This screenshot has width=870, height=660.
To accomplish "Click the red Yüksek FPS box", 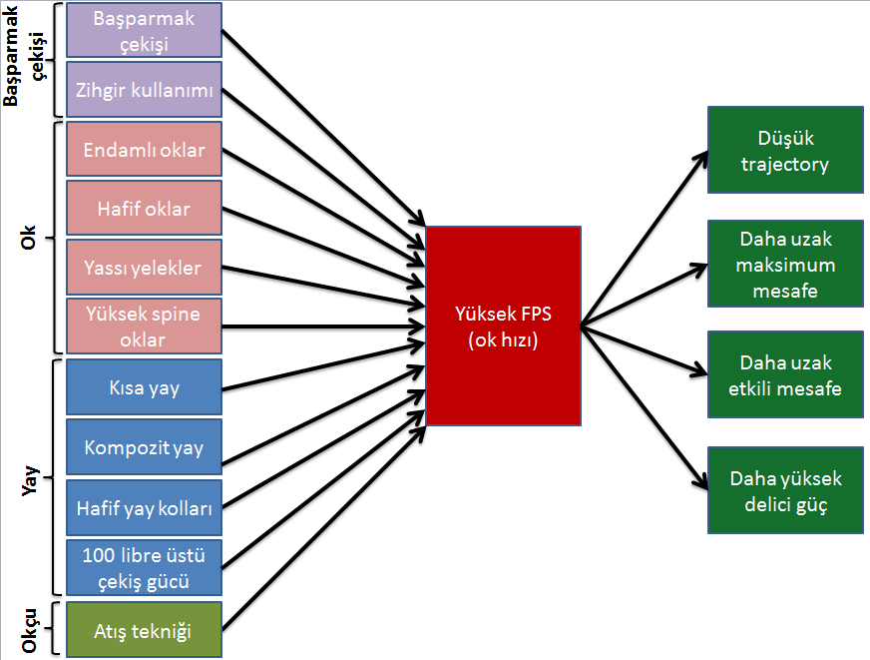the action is point(503,326).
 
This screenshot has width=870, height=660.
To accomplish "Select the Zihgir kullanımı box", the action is point(145,90).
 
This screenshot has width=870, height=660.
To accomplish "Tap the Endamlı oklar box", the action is point(145,150).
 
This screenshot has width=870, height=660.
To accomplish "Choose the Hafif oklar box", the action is point(145,208).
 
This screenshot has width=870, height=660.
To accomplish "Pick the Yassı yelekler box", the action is point(145,267).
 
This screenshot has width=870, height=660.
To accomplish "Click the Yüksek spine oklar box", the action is point(145,327).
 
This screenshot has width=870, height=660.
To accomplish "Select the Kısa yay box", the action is point(145,386).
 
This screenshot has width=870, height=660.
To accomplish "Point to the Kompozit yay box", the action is point(145,447).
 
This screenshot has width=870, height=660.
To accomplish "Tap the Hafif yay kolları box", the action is point(145,507).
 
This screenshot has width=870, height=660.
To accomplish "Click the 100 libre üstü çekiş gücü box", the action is point(145,567).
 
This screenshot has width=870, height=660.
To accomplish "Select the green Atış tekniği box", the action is point(145,629).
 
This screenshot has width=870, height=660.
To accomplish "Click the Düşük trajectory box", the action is point(785,150).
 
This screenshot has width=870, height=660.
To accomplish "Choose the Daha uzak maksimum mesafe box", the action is point(785,264).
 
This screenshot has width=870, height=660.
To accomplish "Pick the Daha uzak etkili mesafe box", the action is point(785,374).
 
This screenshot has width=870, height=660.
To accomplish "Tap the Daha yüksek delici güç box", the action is point(785,490).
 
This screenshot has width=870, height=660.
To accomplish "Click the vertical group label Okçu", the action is point(29,630).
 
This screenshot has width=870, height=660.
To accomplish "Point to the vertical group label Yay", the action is point(29,480).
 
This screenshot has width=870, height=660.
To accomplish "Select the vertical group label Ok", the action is point(28,238).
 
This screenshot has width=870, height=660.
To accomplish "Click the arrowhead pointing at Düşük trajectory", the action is point(702,158).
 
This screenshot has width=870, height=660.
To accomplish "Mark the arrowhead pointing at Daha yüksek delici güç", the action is point(701,482).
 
